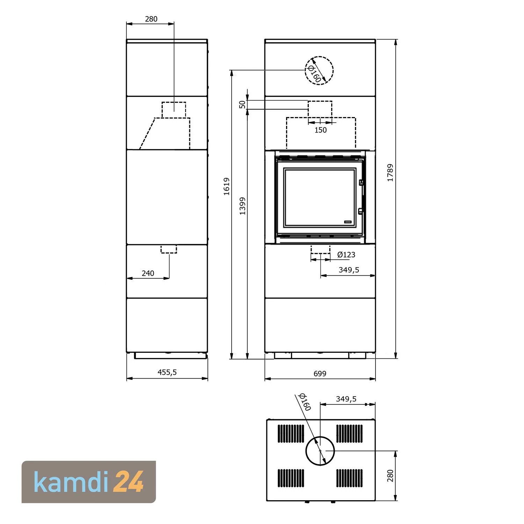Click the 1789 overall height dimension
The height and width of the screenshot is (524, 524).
tap(390, 173)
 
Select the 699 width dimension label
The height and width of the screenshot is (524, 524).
tap(320, 373)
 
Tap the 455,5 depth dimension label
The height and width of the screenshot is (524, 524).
tap(167, 372)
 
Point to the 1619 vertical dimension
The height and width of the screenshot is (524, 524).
tap(227, 186)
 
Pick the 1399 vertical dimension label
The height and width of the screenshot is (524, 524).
tap(242, 206)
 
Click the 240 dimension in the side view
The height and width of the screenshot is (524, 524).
tap(148, 273)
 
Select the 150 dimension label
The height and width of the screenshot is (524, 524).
tap(320, 130)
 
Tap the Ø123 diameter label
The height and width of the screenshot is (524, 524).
tap(346, 255)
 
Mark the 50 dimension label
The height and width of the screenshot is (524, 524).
tap(242, 104)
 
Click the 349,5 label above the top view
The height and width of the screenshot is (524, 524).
tap(346, 399)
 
